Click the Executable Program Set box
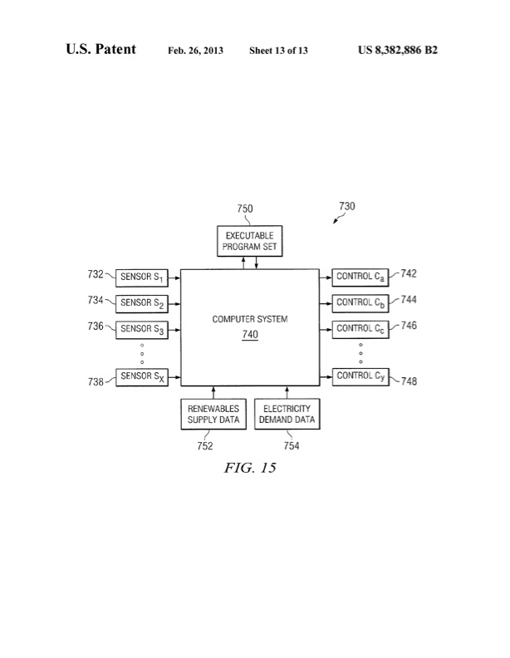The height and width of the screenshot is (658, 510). (x=249, y=241)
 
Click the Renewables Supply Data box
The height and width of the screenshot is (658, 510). (x=213, y=414)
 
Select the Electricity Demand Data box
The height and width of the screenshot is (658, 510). (x=287, y=414)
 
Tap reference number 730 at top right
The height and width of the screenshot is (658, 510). (x=347, y=206)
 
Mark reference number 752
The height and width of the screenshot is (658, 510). (x=204, y=446)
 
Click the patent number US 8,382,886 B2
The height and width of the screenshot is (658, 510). (x=396, y=50)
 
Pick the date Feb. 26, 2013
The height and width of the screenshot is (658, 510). (x=196, y=51)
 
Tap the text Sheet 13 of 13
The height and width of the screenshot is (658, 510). (x=279, y=51)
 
